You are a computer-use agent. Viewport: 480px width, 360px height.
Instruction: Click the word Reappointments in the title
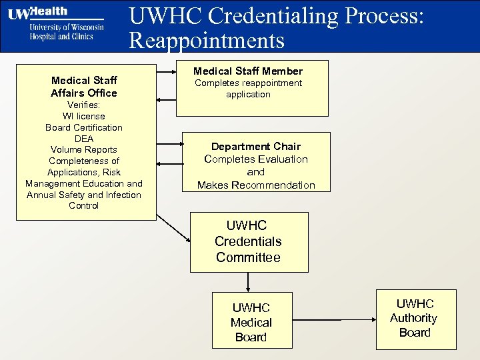pos(207,41)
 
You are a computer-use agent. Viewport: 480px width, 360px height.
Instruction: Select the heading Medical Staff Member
pos(248,71)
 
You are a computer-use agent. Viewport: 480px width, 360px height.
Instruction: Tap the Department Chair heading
pos(256,146)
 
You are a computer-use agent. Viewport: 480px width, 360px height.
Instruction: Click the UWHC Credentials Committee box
pos(249,241)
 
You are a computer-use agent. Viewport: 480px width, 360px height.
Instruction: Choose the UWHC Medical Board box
pos(251,322)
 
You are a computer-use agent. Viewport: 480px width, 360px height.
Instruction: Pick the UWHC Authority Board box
pos(415,318)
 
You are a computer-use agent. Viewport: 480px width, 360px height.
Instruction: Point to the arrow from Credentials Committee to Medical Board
pos(248,282)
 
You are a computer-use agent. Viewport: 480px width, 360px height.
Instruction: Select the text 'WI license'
pos(84,116)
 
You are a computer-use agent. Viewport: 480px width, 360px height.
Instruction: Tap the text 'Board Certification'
pos(84,127)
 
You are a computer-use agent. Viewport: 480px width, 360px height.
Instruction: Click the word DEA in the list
pos(84,139)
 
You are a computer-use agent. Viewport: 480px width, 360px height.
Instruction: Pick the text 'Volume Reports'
pos(84,149)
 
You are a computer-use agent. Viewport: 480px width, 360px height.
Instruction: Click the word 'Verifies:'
pos(84,105)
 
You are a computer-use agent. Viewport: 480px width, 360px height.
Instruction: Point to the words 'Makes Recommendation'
pos(256,185)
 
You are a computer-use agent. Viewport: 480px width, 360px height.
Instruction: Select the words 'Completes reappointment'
pos(248,83)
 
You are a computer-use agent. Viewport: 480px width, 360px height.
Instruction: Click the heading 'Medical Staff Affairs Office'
pos(84,87)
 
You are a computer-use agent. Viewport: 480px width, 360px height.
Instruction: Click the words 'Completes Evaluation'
pos(256,159)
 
